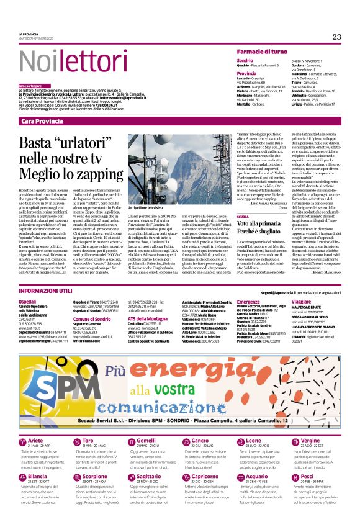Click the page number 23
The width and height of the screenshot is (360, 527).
coord(336,37)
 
